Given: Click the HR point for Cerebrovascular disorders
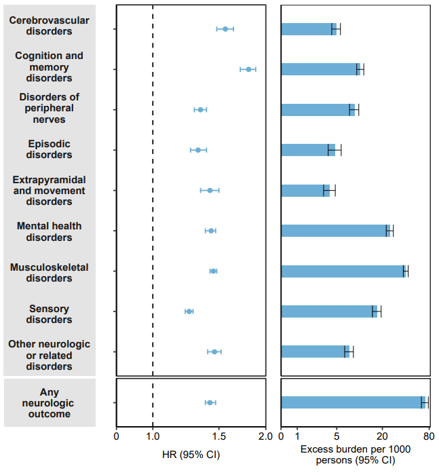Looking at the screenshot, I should tap(225, 29).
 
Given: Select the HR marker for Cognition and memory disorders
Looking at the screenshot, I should tap(248, 69).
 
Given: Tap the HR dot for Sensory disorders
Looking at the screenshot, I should tap(189, 311).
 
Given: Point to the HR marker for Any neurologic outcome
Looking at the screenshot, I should tap(210, 403).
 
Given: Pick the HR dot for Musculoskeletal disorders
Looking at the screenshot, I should tap(213, 271).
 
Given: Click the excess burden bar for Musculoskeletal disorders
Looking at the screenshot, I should tap(343, 271).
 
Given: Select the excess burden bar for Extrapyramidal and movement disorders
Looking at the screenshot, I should tap(305, 191).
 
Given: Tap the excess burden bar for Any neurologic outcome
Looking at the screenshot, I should tap(352, 402).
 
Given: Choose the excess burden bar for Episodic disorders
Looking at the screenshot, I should tap(308, 150).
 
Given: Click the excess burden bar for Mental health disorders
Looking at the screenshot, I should tap(335, 231).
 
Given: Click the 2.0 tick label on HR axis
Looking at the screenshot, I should tap(265, 436).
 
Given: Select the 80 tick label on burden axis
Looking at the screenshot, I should tap(428, 436).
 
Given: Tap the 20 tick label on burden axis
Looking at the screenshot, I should tap(382, 436).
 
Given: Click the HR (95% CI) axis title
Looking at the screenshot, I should tap(191, 454).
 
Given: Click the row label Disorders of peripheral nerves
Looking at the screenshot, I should tap(49, 109).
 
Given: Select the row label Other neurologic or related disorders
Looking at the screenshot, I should tap(49, 356).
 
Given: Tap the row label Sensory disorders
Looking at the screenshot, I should tap(49, 313).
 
